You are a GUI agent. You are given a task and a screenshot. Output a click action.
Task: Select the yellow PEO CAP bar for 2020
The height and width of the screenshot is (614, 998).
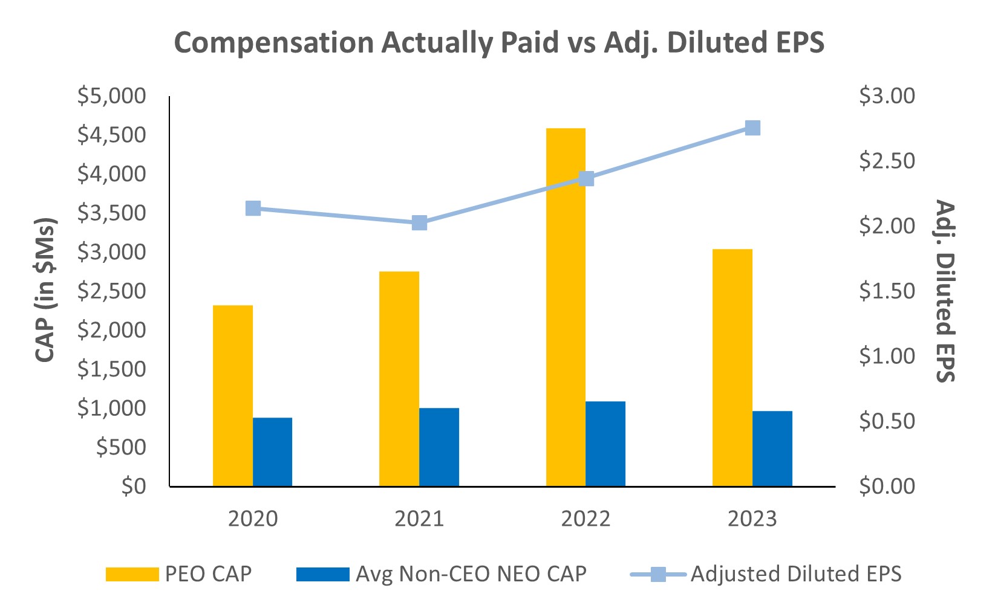tap(233, 396)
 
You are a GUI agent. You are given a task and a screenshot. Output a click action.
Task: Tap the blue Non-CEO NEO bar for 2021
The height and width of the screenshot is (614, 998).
tap(439, 447)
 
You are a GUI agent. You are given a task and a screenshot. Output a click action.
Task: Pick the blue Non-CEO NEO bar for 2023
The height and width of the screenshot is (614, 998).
tap(772, 448)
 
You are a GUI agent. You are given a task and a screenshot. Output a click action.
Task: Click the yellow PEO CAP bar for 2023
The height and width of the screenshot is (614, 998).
tap(732, 367)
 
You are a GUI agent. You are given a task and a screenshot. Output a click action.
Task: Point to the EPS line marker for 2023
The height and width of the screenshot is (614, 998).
tap(752, 128)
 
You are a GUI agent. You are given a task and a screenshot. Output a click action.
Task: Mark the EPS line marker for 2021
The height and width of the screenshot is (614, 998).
tap(420, 223)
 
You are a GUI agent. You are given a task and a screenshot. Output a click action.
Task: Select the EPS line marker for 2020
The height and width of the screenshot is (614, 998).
tap(253, 208)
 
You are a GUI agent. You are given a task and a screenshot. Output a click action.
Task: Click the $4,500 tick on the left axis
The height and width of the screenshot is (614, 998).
tap(112, 135)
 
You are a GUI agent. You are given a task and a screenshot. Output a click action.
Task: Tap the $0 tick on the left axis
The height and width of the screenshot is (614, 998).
tap(134, 486)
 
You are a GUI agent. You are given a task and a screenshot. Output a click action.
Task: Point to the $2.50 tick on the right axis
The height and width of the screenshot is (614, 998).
tap(887, 161)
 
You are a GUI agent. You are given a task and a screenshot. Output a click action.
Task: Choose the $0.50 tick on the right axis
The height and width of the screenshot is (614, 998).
tap(887, 421)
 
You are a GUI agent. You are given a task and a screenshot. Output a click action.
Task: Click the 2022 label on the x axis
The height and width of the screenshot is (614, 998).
tap(585, 519)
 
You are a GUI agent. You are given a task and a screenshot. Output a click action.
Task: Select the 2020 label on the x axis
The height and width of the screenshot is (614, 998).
tap(253, 519)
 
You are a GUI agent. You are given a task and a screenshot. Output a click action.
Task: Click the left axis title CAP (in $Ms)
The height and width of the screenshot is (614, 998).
tap(45, 290)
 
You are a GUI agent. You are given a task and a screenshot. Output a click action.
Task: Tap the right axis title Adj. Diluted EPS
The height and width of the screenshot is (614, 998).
tap(945, 290)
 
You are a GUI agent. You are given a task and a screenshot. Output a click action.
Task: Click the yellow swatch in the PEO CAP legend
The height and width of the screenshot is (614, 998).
tap(132, 574)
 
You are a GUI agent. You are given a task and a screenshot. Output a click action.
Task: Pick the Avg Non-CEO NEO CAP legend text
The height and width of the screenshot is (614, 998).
tap(471, 574)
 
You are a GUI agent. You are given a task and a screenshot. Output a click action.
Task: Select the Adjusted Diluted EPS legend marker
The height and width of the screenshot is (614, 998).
tap(658, 574)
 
